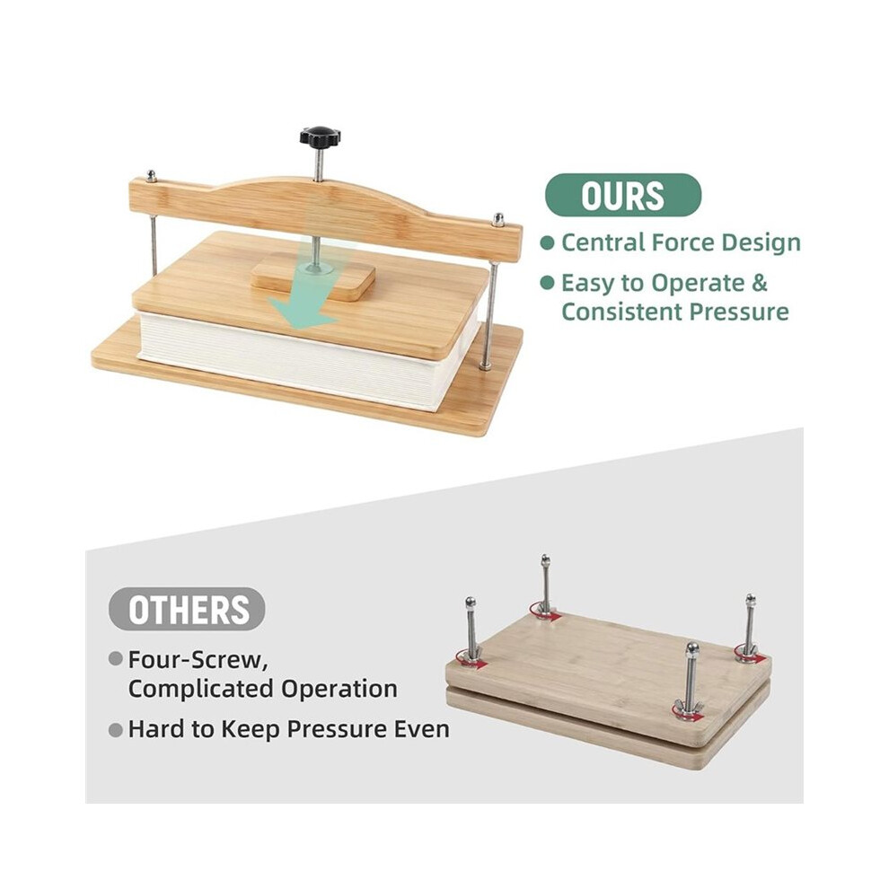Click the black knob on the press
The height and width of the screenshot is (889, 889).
click(320, 136)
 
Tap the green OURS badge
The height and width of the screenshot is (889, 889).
click(623, 195)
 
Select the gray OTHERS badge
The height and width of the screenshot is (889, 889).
click(187, 610)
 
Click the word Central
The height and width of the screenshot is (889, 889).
click(603, 242)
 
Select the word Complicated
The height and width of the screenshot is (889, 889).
click(201, 689)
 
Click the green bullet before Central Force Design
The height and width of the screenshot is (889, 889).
click(547, 243)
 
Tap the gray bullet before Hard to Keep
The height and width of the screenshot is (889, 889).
click(116, 730)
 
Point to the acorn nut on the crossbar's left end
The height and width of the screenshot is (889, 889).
click(152, 175)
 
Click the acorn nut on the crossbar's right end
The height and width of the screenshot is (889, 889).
click(498, 219)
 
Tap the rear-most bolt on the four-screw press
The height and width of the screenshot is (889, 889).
click(545, 584)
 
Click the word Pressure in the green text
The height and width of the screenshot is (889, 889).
click(739, 312)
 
